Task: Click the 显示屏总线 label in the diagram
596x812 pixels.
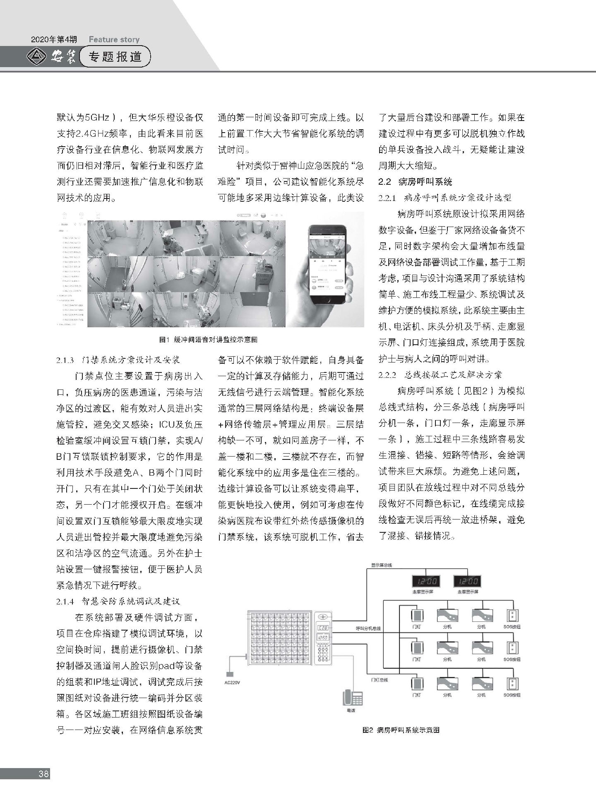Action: click(381, 565)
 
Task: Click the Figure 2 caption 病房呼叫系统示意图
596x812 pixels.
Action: click(401, 730)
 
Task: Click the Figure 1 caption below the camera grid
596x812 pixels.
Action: click(209, 339)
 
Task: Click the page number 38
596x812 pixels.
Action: click(43, 774)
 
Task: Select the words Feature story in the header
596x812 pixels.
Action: click(114, 40)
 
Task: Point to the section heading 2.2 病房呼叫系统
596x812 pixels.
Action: click(416, 182)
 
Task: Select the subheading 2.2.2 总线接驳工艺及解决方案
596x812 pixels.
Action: click(440, 375)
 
